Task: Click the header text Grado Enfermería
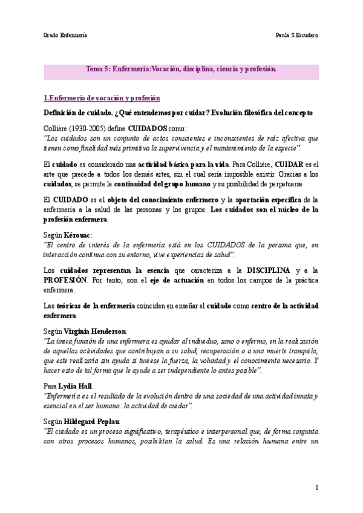(65, 34)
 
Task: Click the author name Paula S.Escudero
(296, 34)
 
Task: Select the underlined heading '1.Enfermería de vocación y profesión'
(102, 98)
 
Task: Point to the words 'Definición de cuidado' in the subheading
(79, 113)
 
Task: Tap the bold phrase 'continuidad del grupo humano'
(162, 184)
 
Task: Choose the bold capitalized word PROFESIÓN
(70, 281)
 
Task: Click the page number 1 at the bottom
(316, 488)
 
